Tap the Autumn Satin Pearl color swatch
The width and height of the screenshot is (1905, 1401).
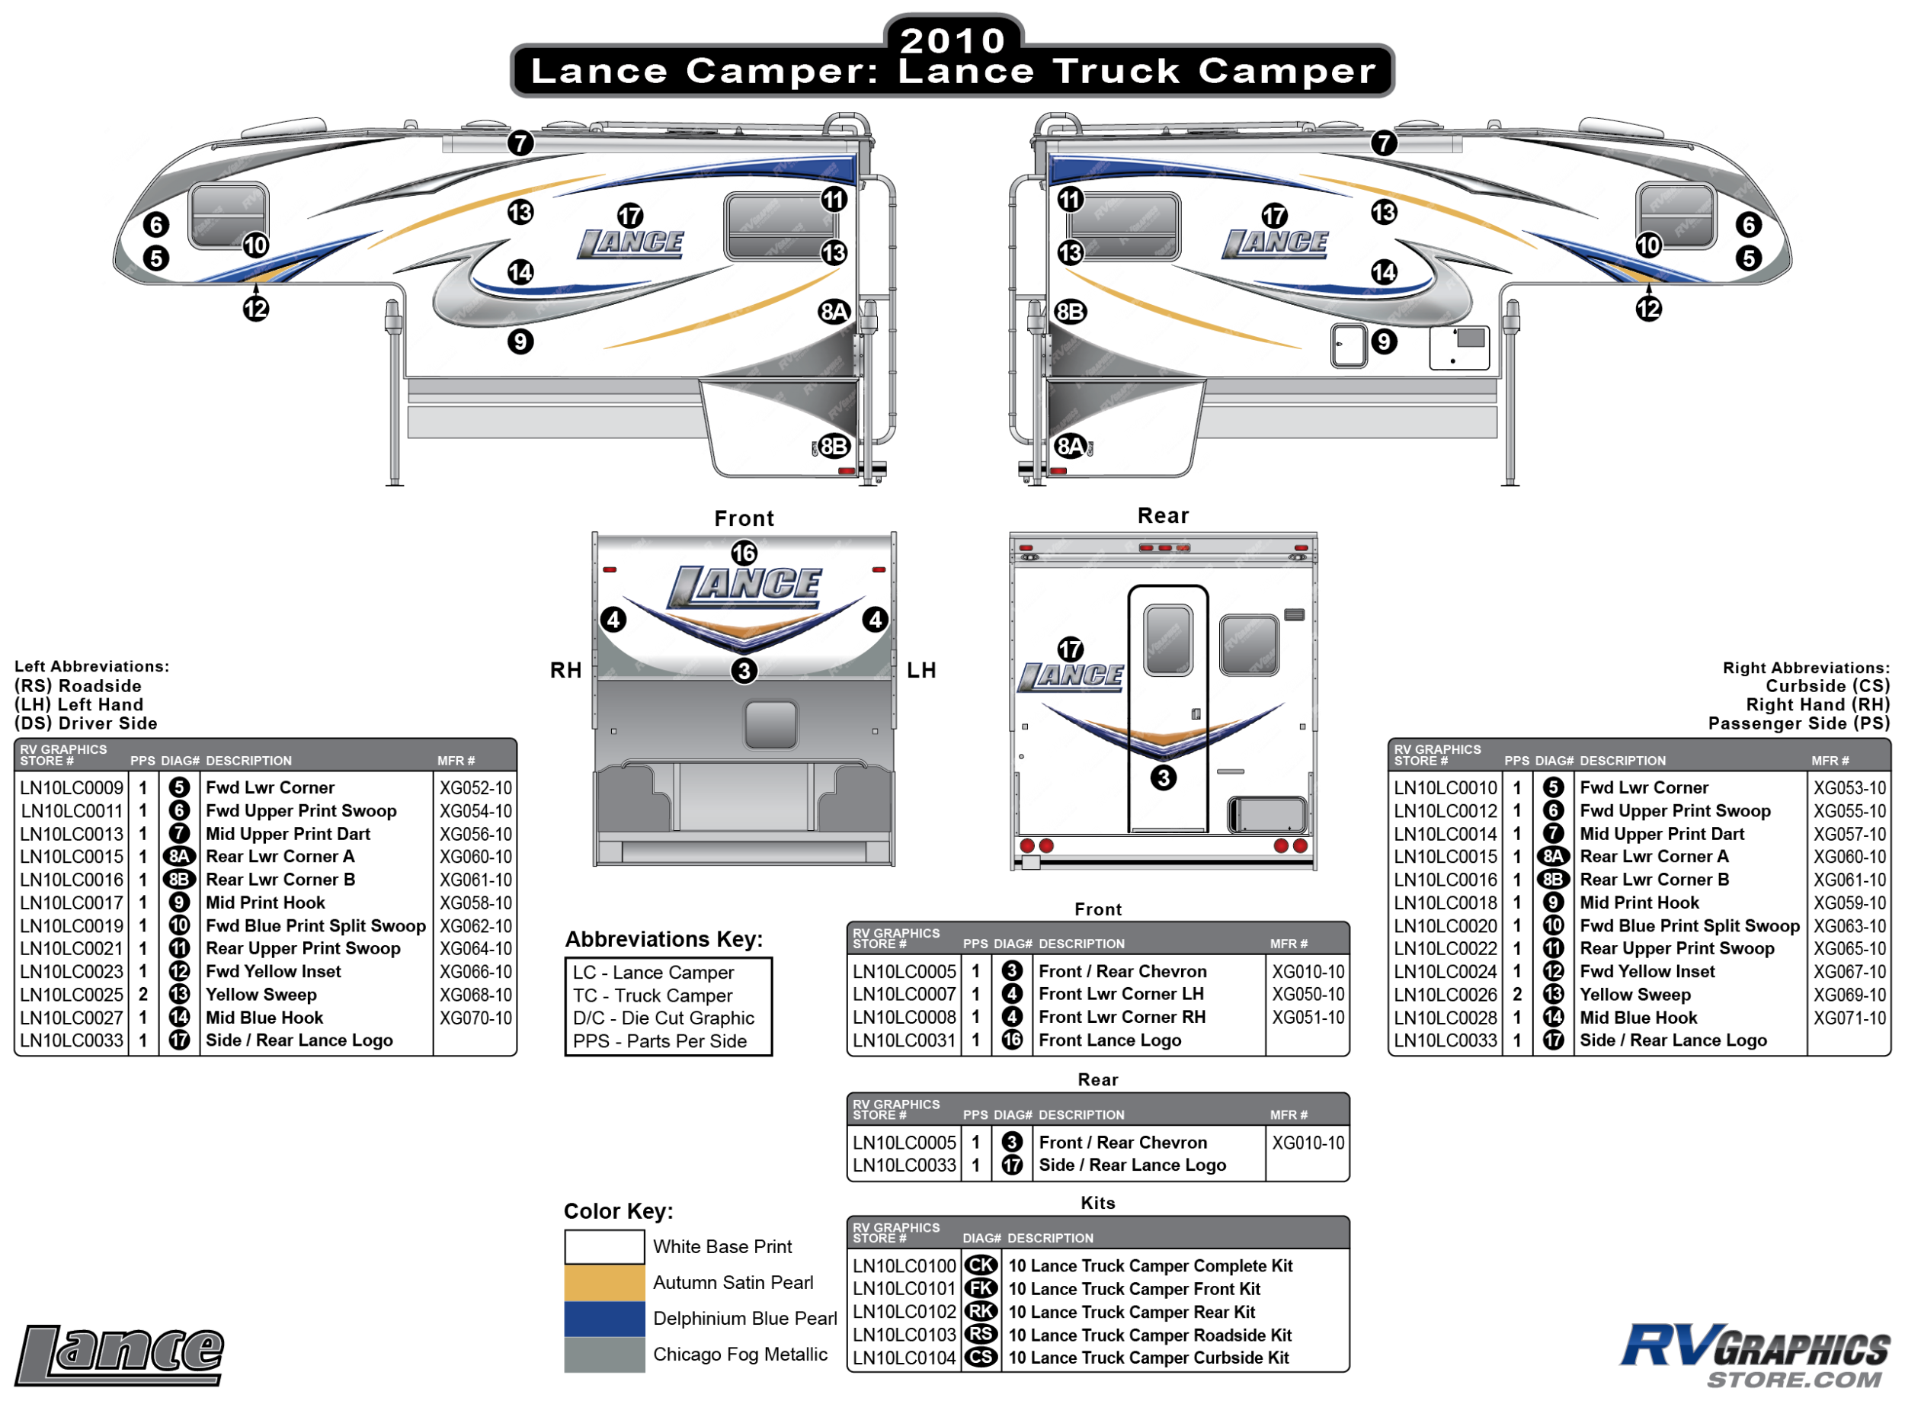point(604,1282)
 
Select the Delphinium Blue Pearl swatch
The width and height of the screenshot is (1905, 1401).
point(604,1318)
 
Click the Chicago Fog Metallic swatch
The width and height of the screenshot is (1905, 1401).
point(604,1354)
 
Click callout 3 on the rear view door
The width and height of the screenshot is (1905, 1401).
point(1163,777)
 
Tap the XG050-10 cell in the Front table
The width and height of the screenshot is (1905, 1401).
point(1308,994)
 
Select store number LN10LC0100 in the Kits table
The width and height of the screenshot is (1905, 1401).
point(904,1265)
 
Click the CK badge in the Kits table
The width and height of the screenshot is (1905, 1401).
point(980,1265)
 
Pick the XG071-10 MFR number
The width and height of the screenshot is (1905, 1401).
point(1849,1018)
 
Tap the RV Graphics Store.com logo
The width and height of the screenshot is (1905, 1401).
point(1754,1355)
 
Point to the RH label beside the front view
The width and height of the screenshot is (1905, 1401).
point(565,670)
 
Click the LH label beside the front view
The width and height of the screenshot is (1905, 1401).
point(920,670)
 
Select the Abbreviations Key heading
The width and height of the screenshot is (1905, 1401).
point(664,939)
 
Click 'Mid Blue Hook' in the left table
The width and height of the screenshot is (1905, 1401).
point(264,1018)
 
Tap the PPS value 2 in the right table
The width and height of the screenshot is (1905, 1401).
point(1516,995)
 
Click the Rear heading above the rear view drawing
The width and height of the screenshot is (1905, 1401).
point(1162,515)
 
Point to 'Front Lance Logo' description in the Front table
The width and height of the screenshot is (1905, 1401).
point(1109,1040)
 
